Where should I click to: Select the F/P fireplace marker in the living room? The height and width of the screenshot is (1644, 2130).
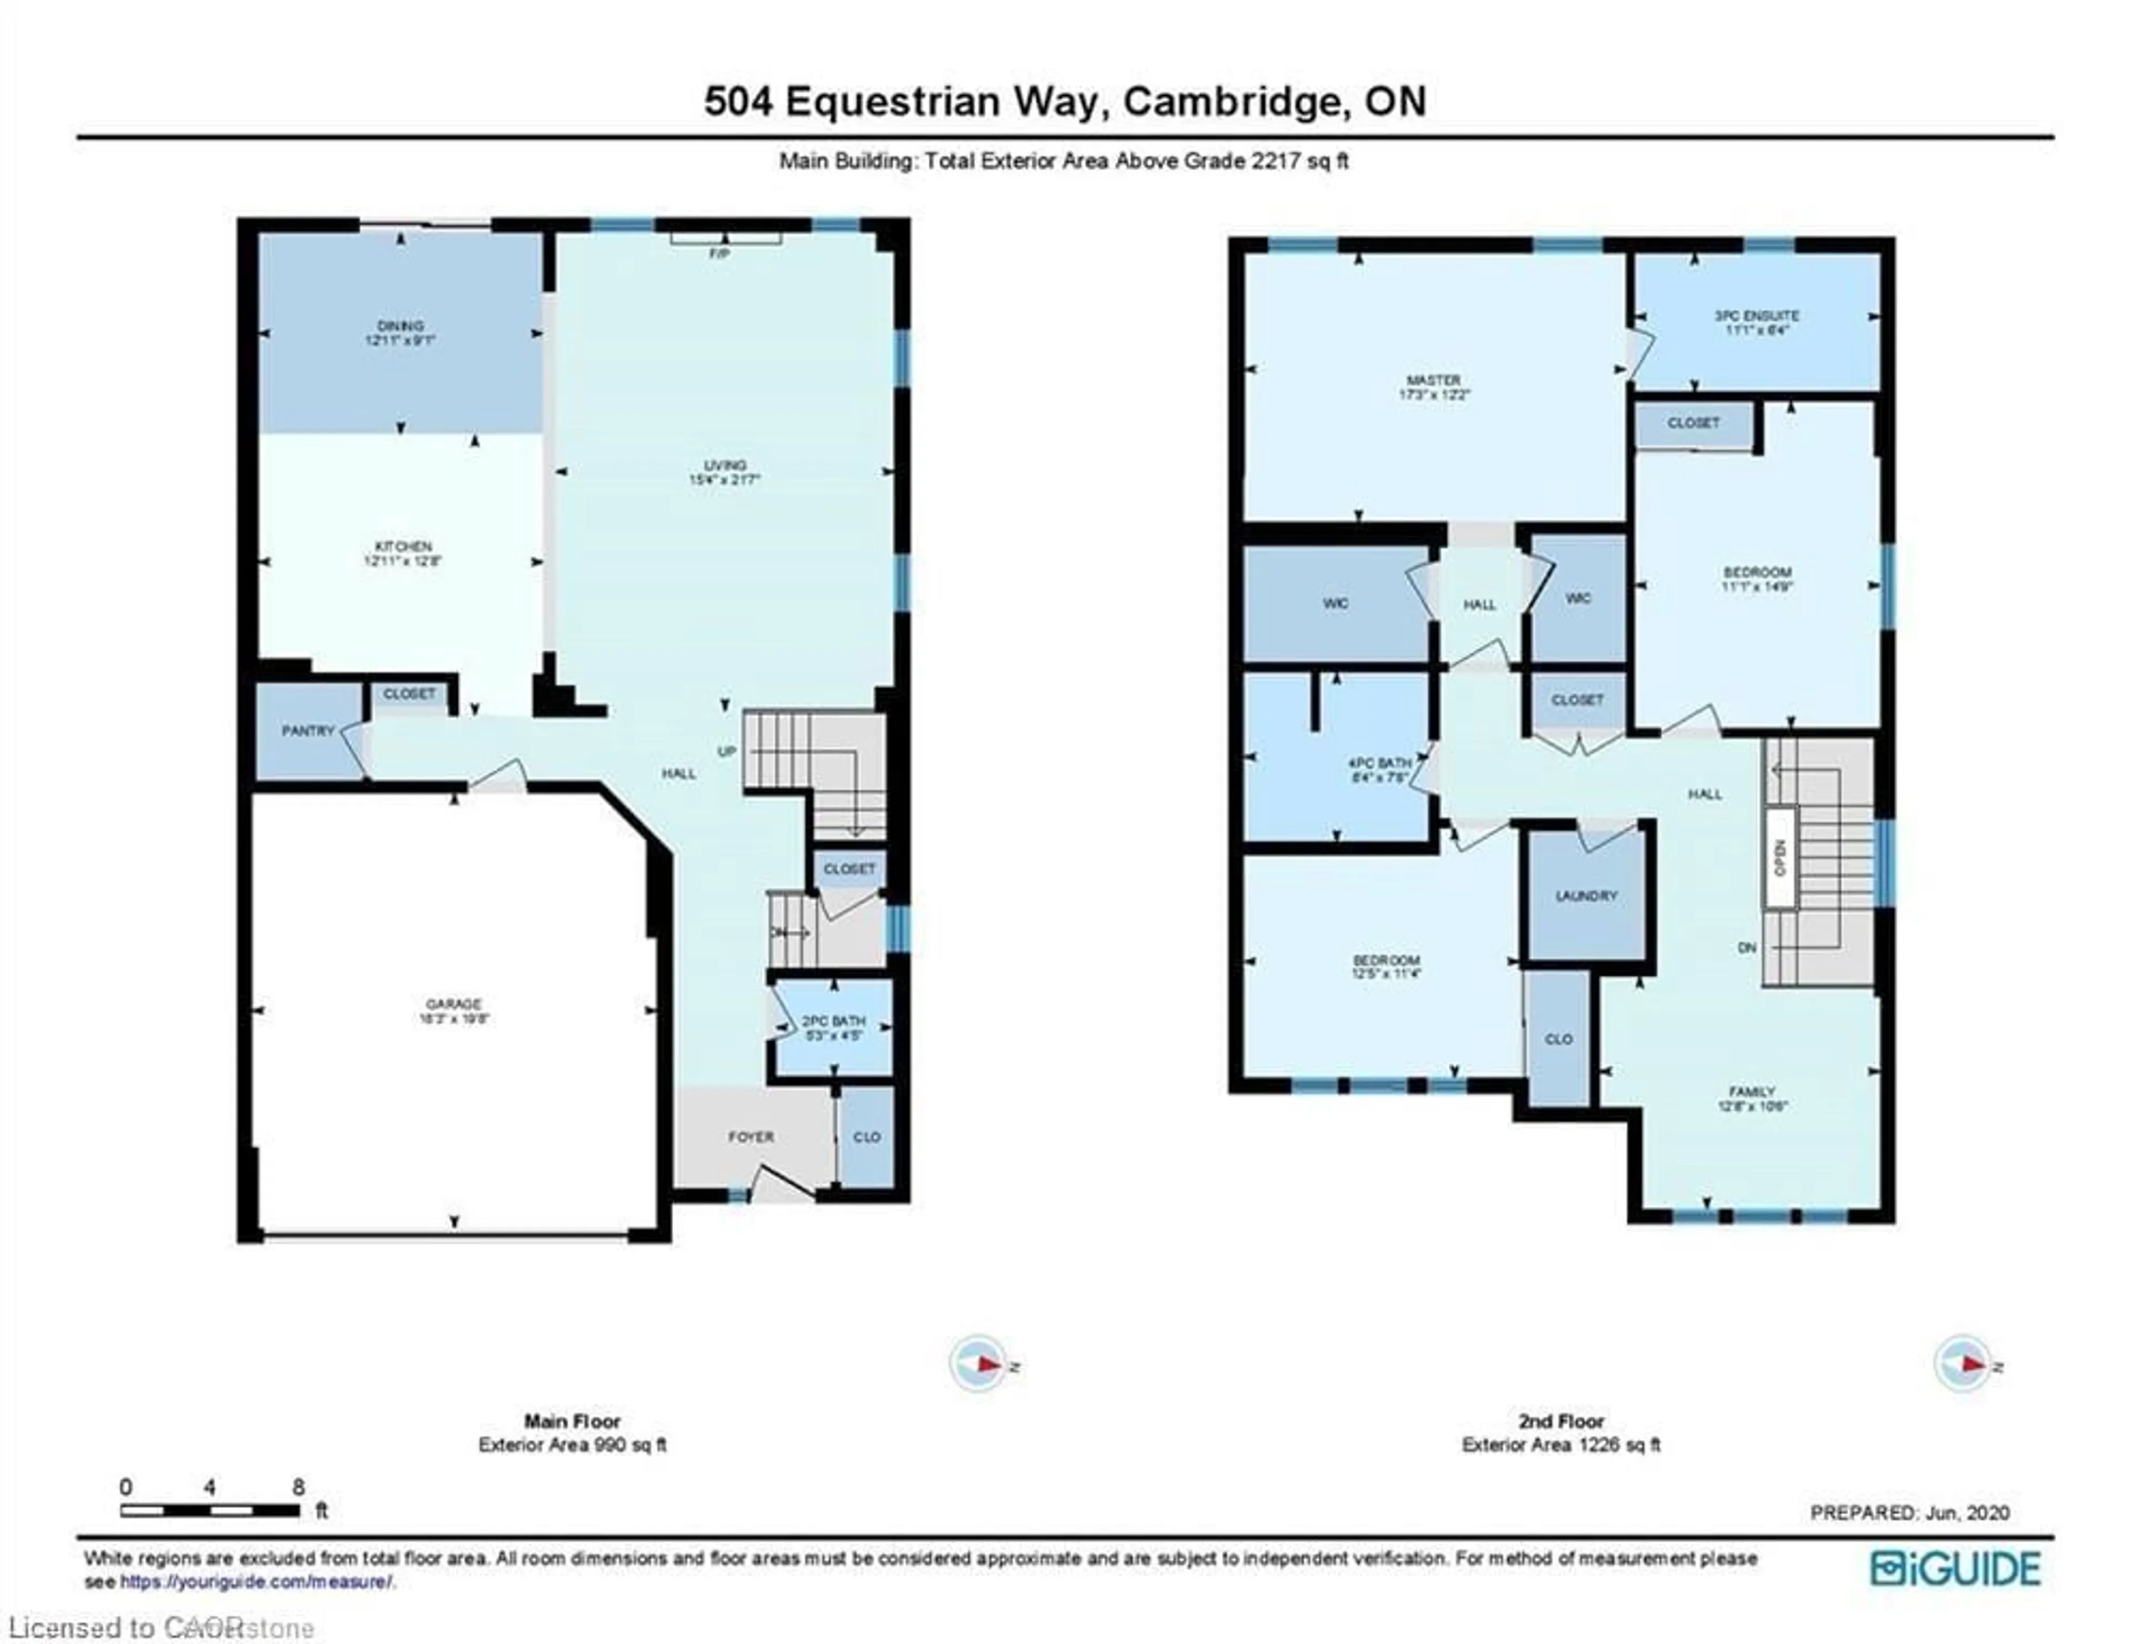point(721,253)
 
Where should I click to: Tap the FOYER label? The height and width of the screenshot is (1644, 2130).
point(751,1137)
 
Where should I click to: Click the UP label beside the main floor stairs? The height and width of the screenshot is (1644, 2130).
point(727,752)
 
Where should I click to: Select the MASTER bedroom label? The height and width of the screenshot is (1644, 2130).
point(1434,380)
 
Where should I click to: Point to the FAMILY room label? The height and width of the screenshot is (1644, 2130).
point(1752,1092)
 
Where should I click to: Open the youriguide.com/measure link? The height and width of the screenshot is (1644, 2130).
point(256,1581)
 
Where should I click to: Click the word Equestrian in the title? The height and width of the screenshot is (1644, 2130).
point(945,102)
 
